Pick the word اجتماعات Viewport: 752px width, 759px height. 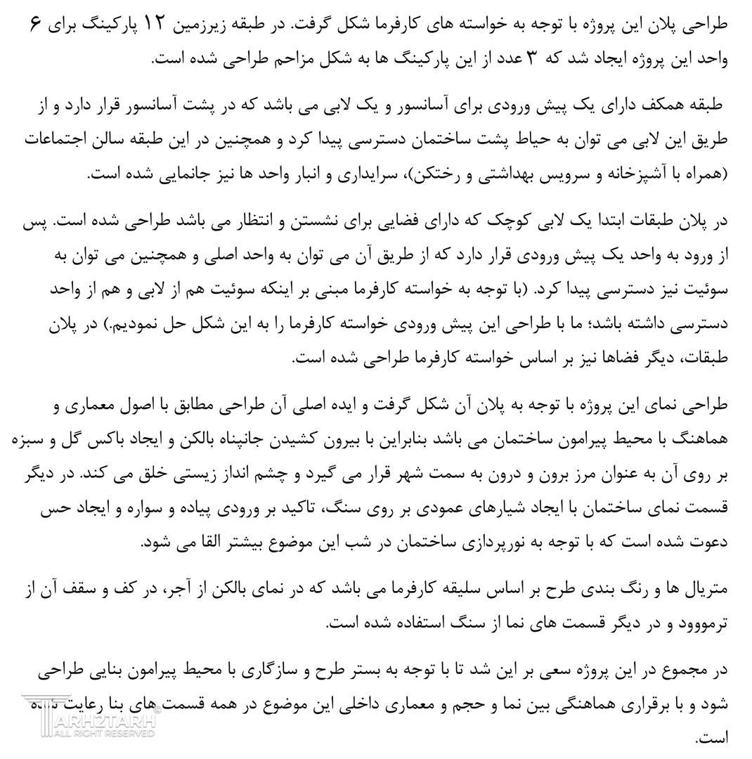click(57, 141)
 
